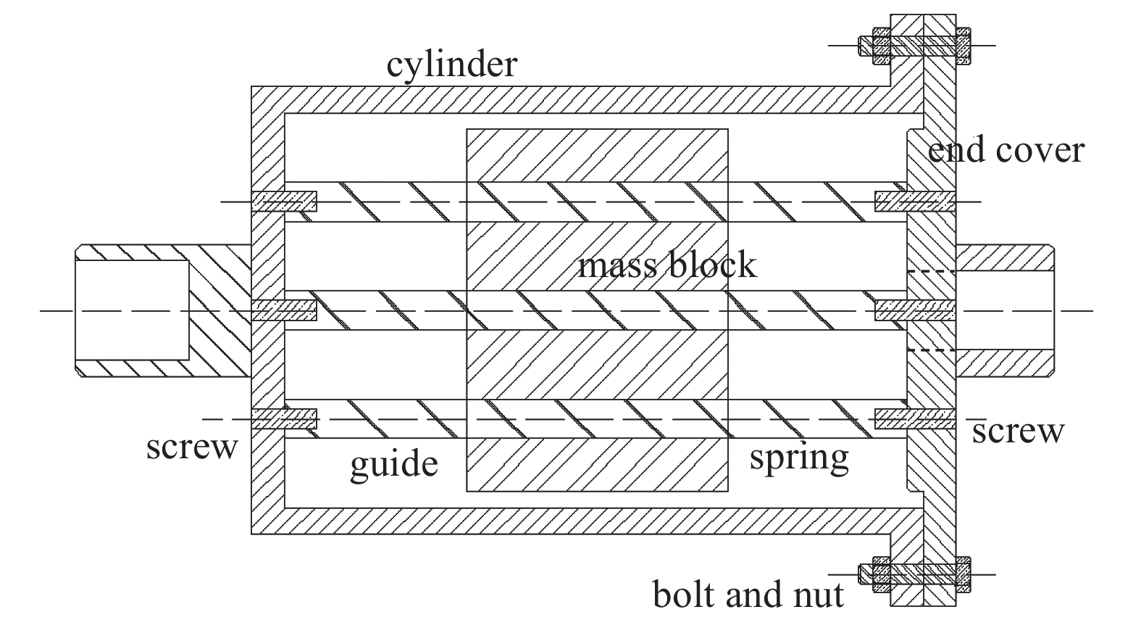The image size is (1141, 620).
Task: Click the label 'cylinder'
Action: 452,64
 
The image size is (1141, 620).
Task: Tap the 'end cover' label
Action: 1006,150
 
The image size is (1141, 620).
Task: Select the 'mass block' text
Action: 666,265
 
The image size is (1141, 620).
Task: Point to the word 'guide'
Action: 394,464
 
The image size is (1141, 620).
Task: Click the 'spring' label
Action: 798,458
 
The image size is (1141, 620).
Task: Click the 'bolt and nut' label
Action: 748,595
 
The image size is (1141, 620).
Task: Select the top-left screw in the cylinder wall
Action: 284,201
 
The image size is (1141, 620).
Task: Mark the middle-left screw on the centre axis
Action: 284,310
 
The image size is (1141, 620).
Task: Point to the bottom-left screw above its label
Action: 284,418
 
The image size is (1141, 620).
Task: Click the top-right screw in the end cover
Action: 914,201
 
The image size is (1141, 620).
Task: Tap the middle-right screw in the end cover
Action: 914,310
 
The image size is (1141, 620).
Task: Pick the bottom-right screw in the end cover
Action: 914,418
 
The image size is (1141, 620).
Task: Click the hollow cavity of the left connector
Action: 132,310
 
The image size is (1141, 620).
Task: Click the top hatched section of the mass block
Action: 597,155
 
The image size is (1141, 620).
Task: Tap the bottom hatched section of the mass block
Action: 597,465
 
